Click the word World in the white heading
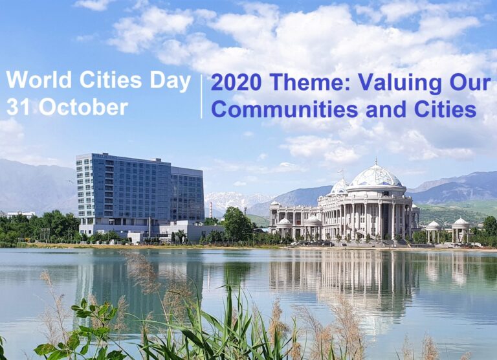pyautogui.click(x=39, y=80)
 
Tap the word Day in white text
pyautogui.click(x=170, y=82)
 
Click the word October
pyautogui.click(x=83, y=107)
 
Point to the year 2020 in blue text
pyautogui.click(x=236, y=82)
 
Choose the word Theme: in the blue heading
pyautogui.click(x=310, y=82)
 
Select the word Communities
pyautogui.click(x=284, y=109)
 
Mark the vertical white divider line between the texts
pyautogui.click(x=202, y=96)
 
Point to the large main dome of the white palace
pyautogui.click(x=375, y=176)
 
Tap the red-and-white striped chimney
pyautogui.click(x=210, y=210)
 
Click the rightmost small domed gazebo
pyautogui.click(x=461, y=231)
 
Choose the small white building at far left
pyautogui.click(x=21, y=214)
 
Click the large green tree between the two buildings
pyautogui.click(x=237, y=223)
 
